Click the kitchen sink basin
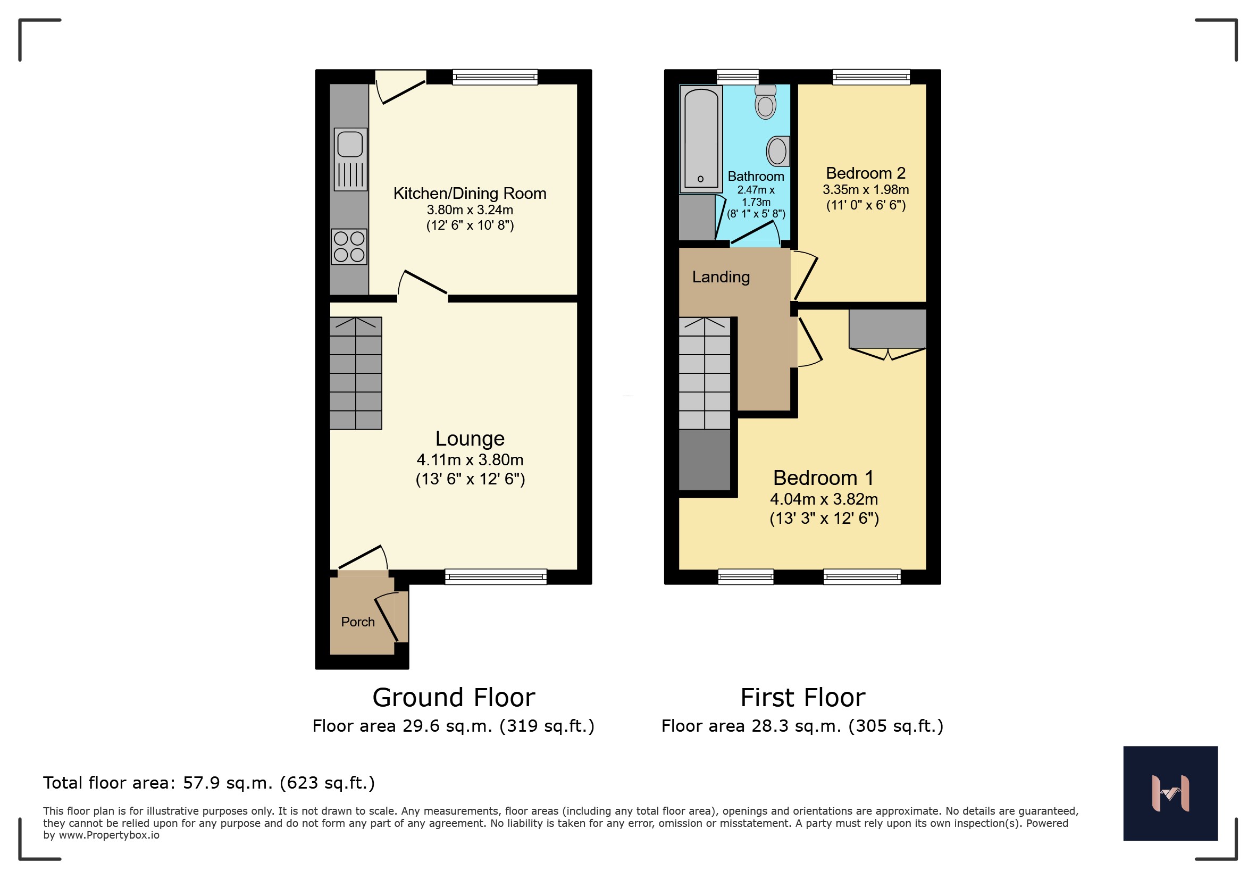(x=350, y=145)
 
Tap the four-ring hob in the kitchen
(x=349, y=247)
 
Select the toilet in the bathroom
(x=765, y=102)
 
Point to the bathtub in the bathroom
(x=700, y=139)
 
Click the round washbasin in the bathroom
(x=778, y=151)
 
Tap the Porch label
(x=358, y=622)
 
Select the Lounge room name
(x=470, y=439)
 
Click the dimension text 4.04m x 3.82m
(x=824, y=499)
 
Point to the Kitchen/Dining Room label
(x=470, y=193)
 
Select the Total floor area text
(x=209, y=783)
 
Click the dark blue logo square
(x=1171, y=793)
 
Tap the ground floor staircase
(x=356, y=373)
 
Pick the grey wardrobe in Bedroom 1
(x=887, y=329)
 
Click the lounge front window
(x=496, y=576)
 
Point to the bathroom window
(x=738, y=77)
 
